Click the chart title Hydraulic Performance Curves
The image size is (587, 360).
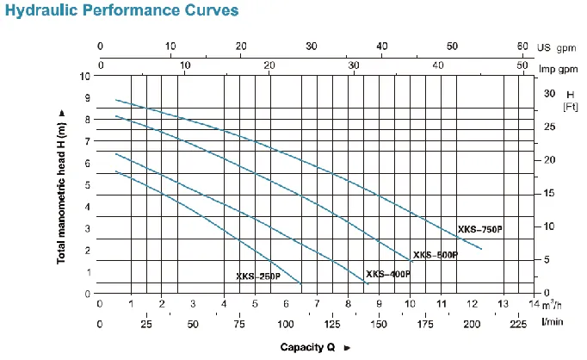(121, 13)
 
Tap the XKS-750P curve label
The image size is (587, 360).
(479, 229)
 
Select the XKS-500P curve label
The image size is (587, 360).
(435, 255)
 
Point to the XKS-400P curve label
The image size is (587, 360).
(387, 274)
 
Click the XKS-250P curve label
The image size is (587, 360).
(257, 276)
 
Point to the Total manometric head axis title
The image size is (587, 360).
(62, 186)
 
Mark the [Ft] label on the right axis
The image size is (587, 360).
(569, 107)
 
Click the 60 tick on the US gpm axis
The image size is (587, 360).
(522, 46)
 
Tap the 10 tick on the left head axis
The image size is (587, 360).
(83, 76)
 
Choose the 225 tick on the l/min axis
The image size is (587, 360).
(518, 325)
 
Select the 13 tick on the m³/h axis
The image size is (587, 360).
(503, 304)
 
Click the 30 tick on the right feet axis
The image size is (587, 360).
(549, 93)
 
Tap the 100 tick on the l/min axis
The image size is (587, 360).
(286, 325)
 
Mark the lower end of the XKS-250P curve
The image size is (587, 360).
(301, 283)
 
